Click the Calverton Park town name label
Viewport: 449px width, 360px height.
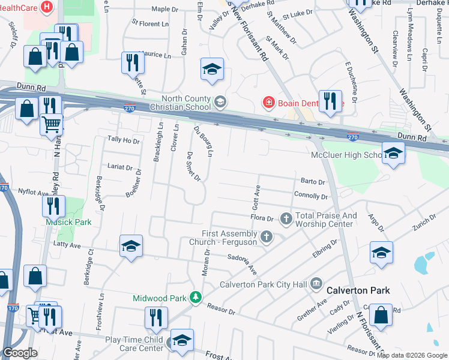click(x=358, y=290)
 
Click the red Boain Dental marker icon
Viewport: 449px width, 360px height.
click(x=268, y=103)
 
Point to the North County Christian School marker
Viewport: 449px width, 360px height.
click(x=220, y=102)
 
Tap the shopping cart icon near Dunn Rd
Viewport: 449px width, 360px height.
click(x=52, y=123)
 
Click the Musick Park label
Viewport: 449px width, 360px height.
click(x=69, y=222)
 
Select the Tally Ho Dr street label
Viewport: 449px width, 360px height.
click(x=123, y=140)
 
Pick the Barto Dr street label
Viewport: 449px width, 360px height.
click(x=312, y=181)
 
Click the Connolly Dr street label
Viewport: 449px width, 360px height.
click(x=311, y=196)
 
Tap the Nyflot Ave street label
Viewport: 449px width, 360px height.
click(x=33, y=193)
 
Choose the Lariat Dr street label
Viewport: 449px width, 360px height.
click(x=119, y=167)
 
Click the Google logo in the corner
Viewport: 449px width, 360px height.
click(x=20, y=352)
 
